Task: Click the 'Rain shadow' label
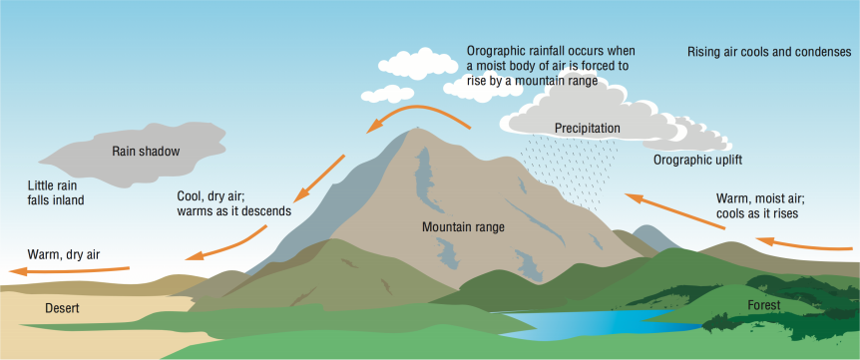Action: [x=146, y=152]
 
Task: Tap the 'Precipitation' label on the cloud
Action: [x=588, y=128]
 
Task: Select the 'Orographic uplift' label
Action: [x=698, y=160]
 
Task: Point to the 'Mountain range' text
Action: [x=463, y=227]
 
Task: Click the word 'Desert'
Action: [x=62, y=309]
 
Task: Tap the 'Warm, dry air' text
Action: [x=64, y=254]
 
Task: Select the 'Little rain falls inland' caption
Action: [x=56, y=192]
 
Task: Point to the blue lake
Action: [x=589, y=322]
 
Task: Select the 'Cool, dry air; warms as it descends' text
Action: [x=233, y=203]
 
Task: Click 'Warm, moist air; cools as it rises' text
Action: [x=759, y=205]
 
